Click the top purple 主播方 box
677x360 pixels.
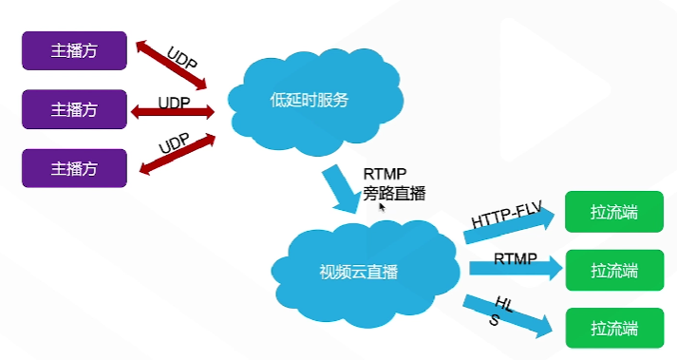74,50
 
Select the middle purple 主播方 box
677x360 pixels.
74,109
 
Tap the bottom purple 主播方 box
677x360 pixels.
74,168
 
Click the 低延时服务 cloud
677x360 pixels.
310,100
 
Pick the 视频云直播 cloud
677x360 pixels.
359,271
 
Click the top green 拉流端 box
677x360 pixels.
613,213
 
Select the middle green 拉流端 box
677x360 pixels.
613,271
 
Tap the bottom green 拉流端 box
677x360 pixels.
613,328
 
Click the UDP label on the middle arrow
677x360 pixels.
173,101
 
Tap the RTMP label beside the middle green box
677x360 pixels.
516,257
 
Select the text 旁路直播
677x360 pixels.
394,194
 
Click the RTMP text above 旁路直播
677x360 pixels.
385,175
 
